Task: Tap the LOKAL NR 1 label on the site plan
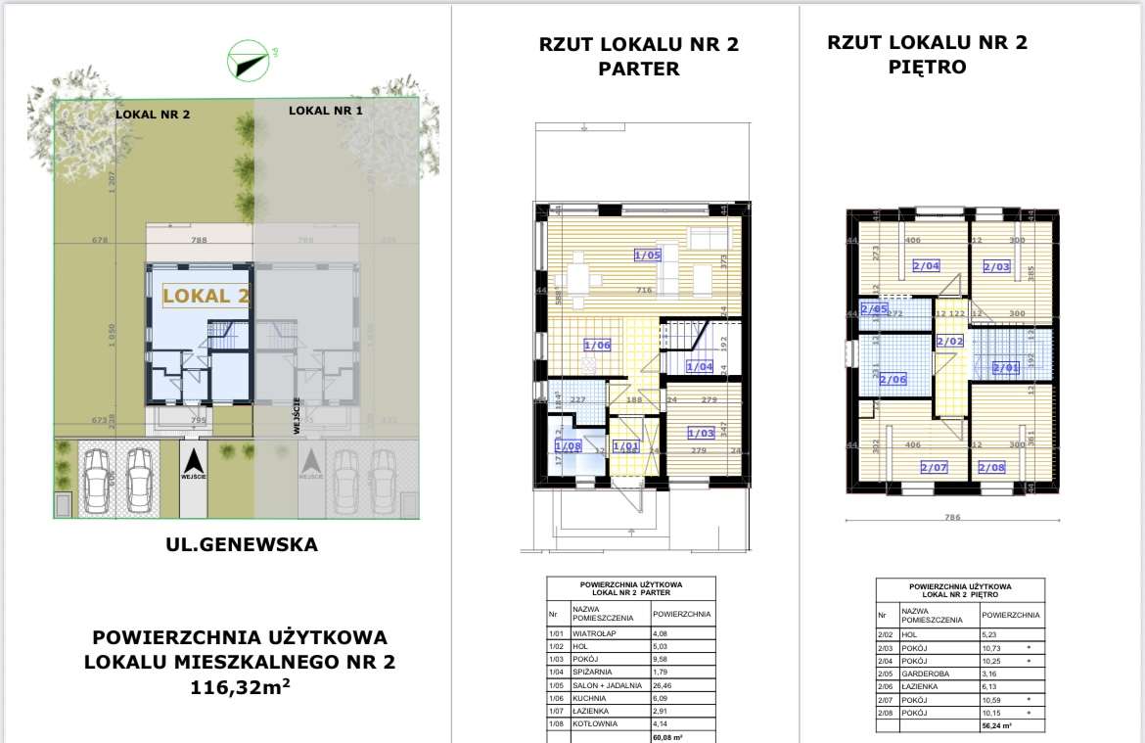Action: coord(326,111)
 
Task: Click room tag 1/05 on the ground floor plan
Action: coord(648,255)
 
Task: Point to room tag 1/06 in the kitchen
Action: coord(597,345)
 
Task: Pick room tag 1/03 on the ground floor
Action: coord(701,433)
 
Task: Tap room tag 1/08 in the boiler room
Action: coord(568,446)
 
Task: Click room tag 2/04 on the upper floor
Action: coord(926,265)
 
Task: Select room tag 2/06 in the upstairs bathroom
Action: coord(893,379)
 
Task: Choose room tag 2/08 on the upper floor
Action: coord(991,467)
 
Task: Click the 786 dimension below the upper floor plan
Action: coord(952,518)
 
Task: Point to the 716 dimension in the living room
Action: coord(645,291)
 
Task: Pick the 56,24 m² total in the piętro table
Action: coord(997,725)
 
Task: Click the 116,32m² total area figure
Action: coord(241,688)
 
